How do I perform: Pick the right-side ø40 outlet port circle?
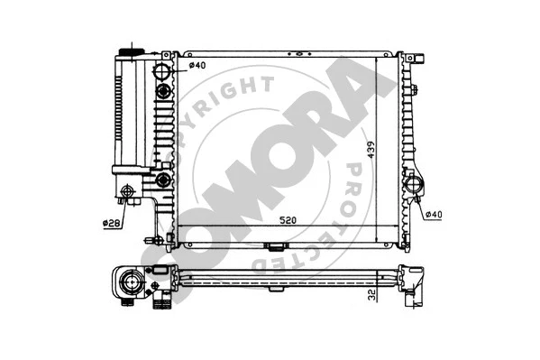tap(416, 186)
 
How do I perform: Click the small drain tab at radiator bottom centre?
tap(276, 245)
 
